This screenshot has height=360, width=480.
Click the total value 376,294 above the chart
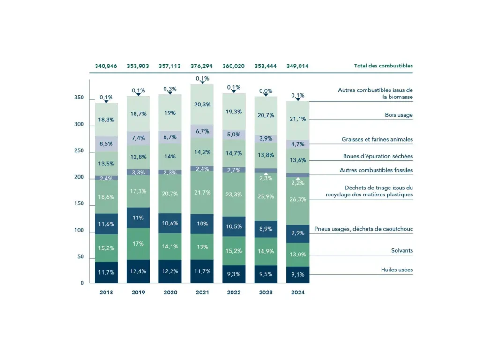[x=202, y=66]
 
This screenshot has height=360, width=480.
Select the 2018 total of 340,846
[x=106, y=66]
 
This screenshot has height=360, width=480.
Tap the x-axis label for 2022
[x=234, y=292]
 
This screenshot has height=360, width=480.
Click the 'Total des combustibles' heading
[x=383, y=66]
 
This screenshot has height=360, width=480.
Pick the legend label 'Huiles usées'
[x=397, y=270]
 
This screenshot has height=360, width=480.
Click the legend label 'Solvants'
[x=402, y=251]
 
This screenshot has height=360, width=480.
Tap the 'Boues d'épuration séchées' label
[x=378, y=156]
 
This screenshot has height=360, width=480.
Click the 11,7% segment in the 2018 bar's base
[x=106, y=272]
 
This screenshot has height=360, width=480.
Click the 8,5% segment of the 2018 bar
[x=106, y=144]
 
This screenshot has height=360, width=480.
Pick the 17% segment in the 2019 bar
[x=138, y=244]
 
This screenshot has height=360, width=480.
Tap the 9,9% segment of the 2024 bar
[x=298, y=233]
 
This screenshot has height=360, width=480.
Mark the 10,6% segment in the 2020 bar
[x=170, y=223]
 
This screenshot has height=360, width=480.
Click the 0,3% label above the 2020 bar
[x=170, y=89]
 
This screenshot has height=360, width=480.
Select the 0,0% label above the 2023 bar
[x=266, y=90]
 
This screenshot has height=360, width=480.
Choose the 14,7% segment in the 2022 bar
[x=234, y=153]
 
